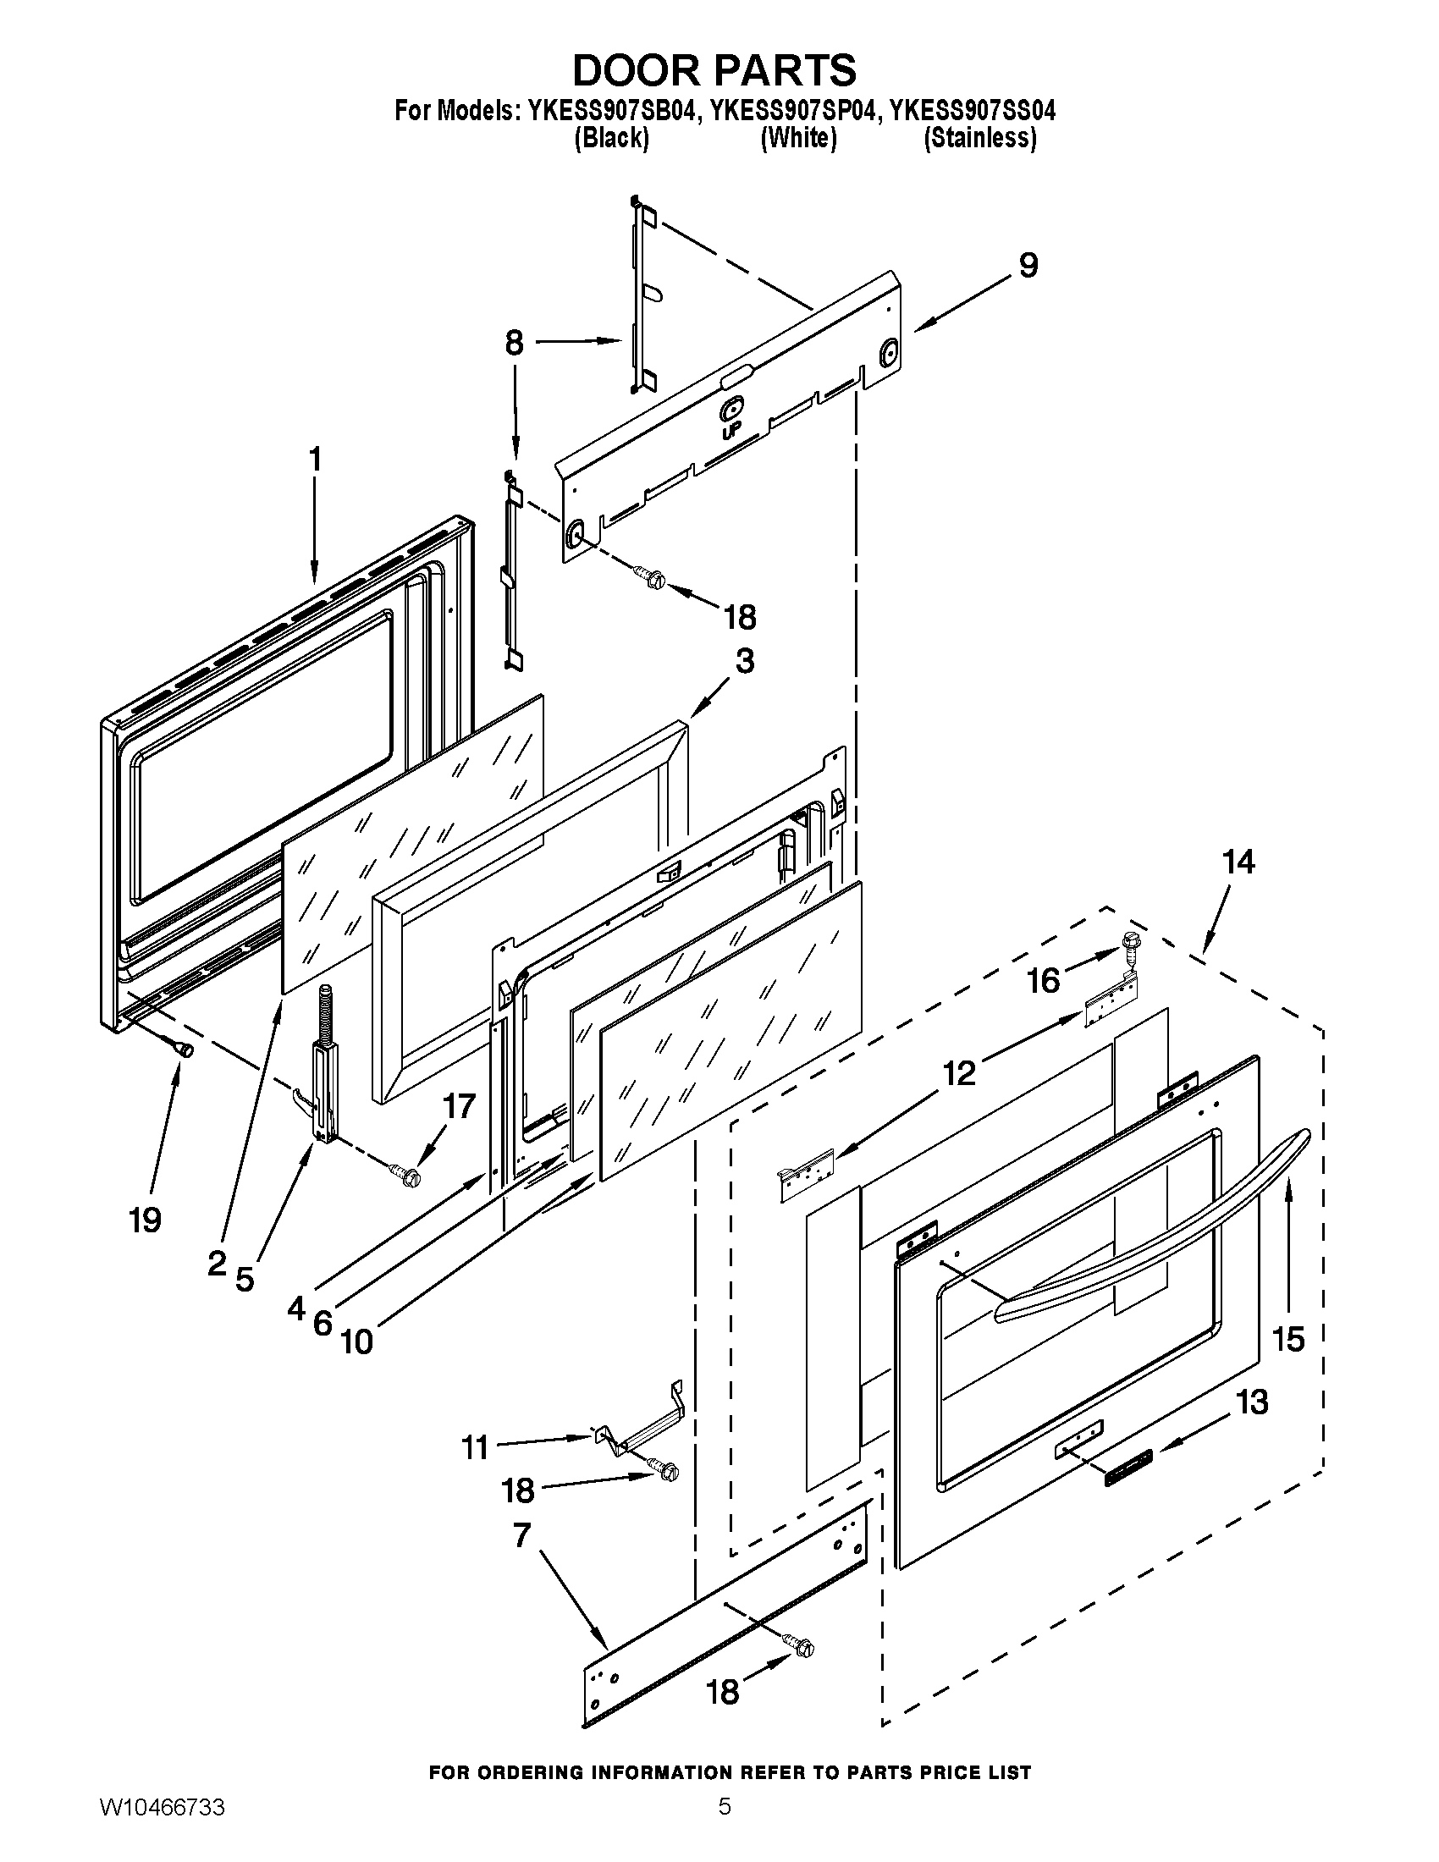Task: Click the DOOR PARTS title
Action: point(714,70)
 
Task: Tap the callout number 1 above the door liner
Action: point(315,460)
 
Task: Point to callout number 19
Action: point(146,1220)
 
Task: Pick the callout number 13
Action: point(1252,1402)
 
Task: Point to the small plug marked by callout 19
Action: point(184,1050)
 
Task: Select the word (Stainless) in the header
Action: point(980,138)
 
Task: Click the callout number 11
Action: point(475,1446)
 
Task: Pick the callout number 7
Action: point(521,1535)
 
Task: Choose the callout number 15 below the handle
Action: point(1288,1341)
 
